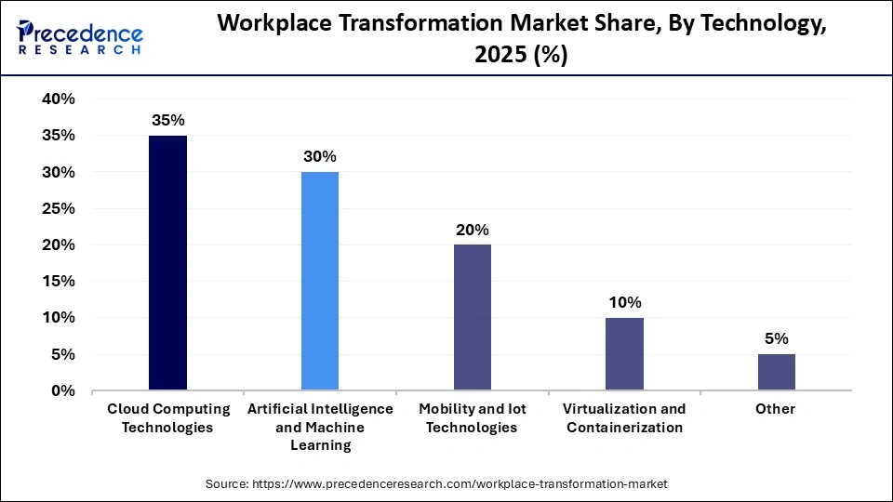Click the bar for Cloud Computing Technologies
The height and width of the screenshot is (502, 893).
(167, 263)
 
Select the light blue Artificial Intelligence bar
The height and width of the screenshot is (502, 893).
(320, 281)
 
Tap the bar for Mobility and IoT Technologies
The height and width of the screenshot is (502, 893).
(473, 317)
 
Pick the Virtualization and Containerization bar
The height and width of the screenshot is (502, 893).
(625, 353)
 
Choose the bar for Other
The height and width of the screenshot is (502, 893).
(777, 372)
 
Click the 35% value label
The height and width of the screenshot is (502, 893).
(167, 120)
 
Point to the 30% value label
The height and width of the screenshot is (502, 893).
(320, 156)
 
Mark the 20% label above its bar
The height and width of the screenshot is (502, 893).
(473, 230)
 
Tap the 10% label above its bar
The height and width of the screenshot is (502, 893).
(625, 302)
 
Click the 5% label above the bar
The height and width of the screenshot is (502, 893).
(777, 338)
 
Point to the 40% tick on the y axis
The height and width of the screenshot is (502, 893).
(59, 99)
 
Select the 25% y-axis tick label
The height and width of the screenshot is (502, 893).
(59, 209)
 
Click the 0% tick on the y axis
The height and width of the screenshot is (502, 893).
(63, 391)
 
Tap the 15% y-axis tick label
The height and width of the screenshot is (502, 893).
(59, 282)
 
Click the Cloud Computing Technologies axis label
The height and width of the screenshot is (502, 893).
(167, 418)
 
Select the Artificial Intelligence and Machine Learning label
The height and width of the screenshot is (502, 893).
(320, 427)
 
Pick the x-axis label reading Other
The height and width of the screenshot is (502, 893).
(777, 409)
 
